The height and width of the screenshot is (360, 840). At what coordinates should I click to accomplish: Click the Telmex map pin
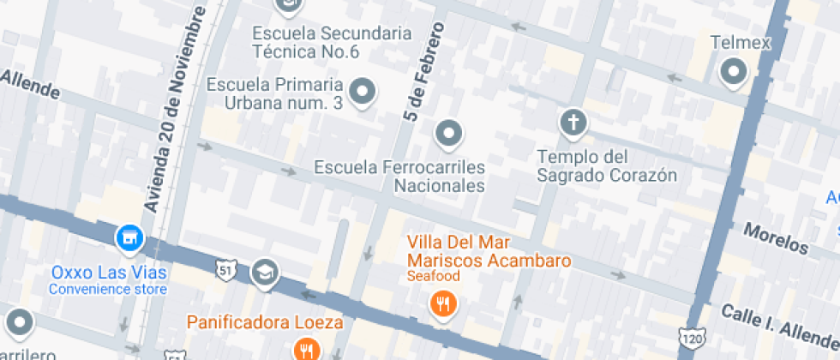[734, 72]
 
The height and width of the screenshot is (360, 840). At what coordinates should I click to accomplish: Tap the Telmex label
[741, 42]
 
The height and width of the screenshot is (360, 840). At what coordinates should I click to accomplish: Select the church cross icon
[573, 123]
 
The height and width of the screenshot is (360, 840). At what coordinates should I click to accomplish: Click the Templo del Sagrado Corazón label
[607, 166]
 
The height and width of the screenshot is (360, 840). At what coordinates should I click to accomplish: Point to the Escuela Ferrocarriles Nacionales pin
[448, 133]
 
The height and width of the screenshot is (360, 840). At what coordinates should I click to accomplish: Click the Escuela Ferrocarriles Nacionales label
[399, 176]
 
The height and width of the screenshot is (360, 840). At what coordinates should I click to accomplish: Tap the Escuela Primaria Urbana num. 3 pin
[363, 90]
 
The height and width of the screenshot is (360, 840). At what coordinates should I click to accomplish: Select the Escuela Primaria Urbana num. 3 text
[275, 93]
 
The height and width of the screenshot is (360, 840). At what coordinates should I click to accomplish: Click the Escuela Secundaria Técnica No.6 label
[331, 42]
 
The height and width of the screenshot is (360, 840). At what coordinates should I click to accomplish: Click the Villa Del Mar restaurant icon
[442, 303]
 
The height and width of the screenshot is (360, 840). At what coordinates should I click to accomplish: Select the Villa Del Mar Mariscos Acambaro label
[489, 250]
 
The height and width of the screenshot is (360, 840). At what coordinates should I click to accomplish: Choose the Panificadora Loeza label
[266, 323]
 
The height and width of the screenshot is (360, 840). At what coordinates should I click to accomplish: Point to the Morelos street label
[775, 239]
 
